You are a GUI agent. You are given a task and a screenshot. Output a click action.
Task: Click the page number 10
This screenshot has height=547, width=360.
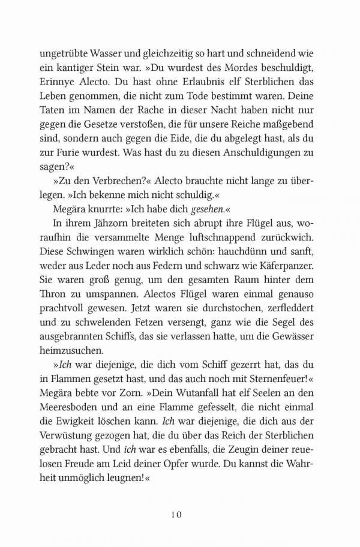click(x=180, y=514)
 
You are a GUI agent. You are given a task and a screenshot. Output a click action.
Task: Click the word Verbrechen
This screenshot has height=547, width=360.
click(x=112, y=197)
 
